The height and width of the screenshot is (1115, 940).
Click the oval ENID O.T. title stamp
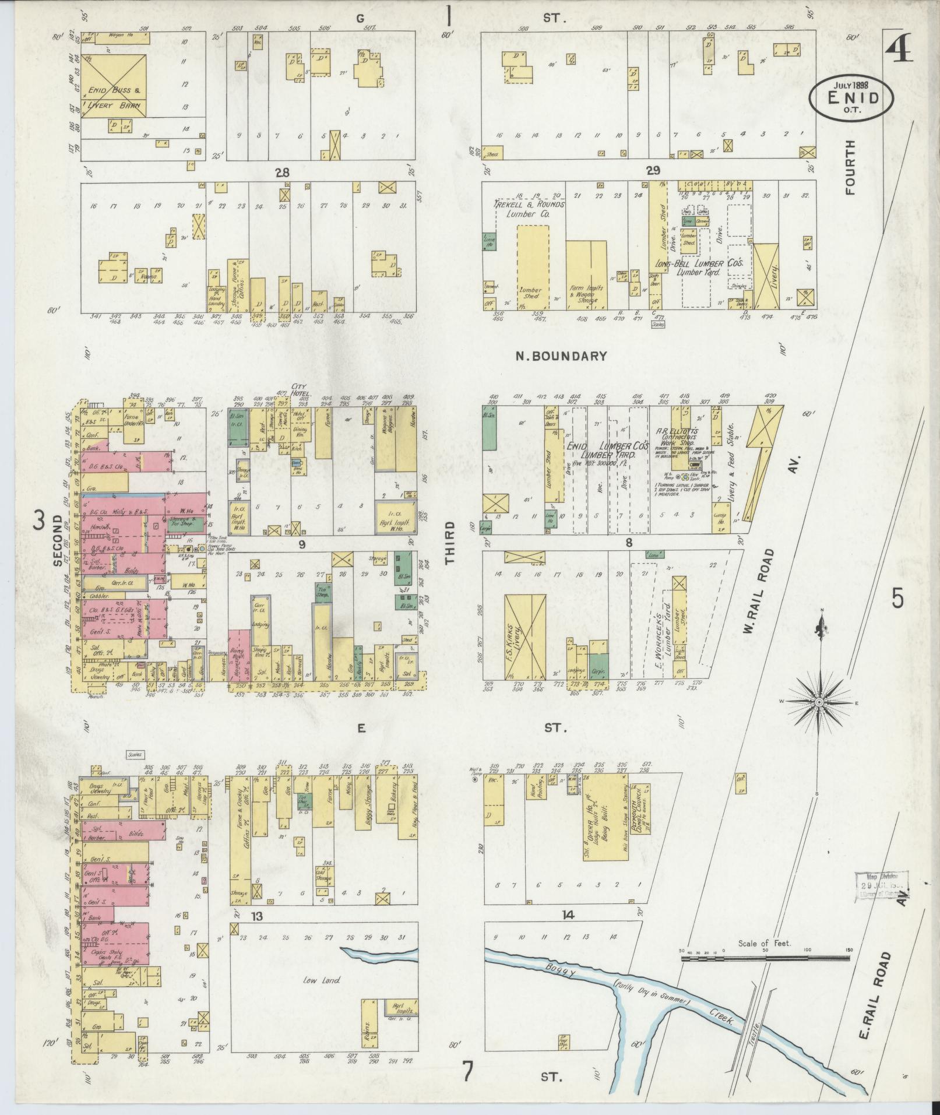tap(851, 96)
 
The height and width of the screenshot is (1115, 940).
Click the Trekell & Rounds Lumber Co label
tap(530, 209)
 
